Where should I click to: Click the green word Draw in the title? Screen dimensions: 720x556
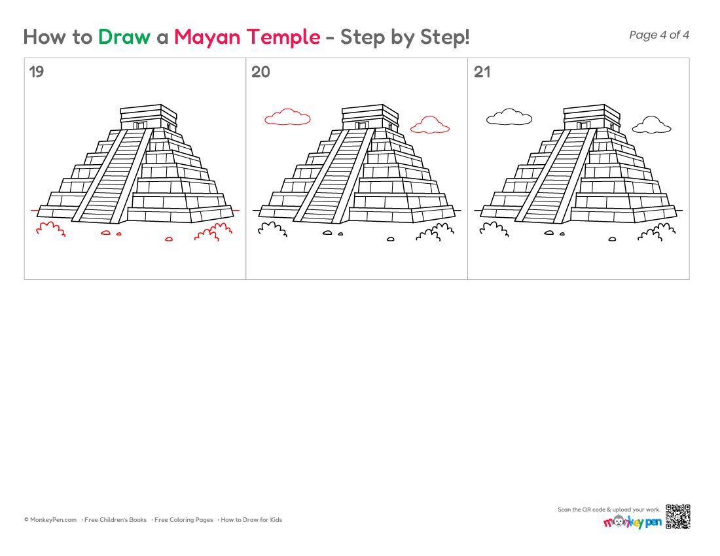(x=124, y=37)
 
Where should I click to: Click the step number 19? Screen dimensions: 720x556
(x=36, y=72)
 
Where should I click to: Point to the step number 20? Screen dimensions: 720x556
(x=261, y=72)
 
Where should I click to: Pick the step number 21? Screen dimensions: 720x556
(x=482, y=72)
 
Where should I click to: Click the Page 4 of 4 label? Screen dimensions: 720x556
(x=659, y=35)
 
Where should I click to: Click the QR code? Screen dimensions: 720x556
(x=677, y=517)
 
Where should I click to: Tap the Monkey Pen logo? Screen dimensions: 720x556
(x=632, y=521)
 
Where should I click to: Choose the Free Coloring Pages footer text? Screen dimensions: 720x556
(x=184, y=520)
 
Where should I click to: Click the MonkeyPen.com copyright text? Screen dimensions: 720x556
(x=50, y=520)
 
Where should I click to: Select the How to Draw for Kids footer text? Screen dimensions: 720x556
(x=251, y=520)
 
